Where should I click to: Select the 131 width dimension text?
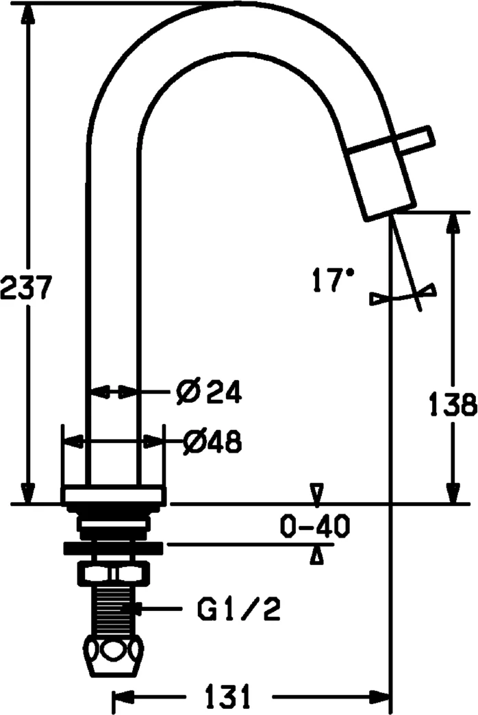pos(228,697)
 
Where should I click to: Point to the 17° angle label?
pos(333,279)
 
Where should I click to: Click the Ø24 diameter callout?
pos(209,392)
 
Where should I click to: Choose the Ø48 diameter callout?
pos(212,442)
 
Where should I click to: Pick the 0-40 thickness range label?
pos(315,526)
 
